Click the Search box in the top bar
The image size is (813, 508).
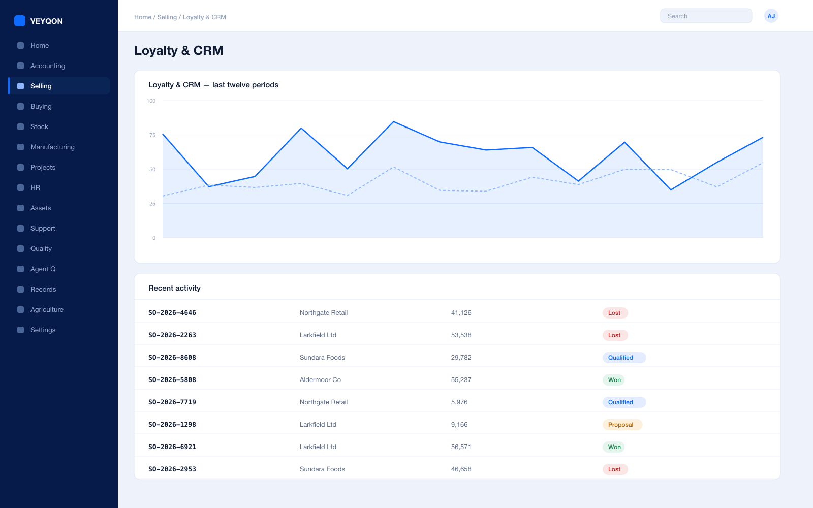(706, 16)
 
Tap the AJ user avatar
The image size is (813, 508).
(771, 16)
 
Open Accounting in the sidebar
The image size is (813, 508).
(48, 66)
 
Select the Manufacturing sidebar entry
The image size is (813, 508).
(52, 147)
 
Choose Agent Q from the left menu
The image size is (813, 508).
(43, 269)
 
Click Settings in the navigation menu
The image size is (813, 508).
(43, 330)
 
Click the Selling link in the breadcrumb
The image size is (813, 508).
(167, 17)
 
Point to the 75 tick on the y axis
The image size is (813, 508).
(152, 135)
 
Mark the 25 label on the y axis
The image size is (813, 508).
(152, 204)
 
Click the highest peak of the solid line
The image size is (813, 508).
(394, 121)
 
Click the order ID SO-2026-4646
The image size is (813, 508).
(172, 313)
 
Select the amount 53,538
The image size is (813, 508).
(461, 335)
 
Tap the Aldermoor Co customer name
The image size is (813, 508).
(320, 380)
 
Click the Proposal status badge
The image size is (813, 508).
(622, 425)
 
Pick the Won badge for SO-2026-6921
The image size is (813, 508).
(614, 447)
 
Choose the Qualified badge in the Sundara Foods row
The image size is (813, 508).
(624, 358)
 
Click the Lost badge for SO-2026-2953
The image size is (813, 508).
(615, 469)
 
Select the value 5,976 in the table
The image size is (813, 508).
(459, 402)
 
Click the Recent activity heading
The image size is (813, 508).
(174, 288)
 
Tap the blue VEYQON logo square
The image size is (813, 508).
(20, 21)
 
